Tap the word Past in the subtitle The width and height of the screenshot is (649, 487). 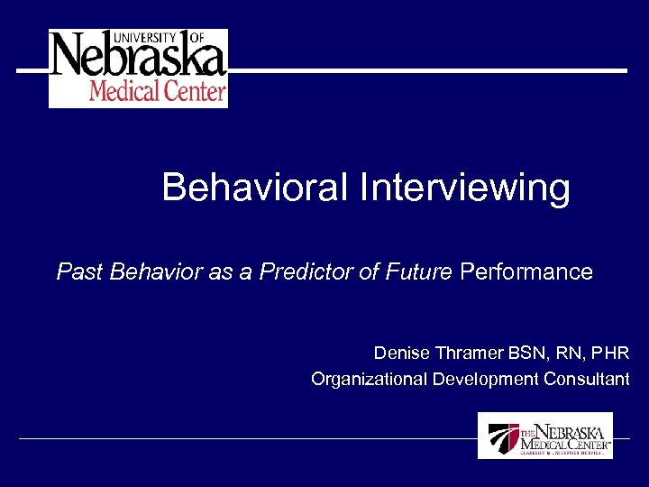point(79,271)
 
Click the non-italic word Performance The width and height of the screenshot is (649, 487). point(526,271)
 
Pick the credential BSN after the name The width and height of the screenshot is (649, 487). point(523,353)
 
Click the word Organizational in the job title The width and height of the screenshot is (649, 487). point(369,379)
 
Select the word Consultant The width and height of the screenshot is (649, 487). point(586,379)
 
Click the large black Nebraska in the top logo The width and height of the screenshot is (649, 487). point(138,58)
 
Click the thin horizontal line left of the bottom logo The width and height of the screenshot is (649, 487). point(243,439)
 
